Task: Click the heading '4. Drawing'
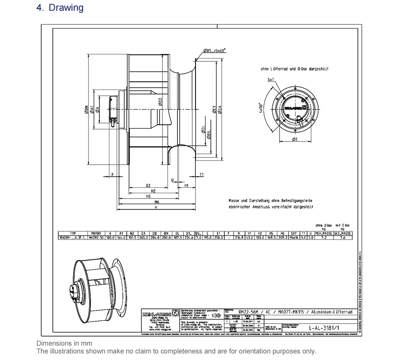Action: [x=60, y=8]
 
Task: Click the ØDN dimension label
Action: [x=86, y=109]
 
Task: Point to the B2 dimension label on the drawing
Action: [x=148, y=185]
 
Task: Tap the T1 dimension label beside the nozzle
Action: [x=202, y=175]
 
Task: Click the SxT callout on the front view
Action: [x=271, y=80]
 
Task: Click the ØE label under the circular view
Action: [x=295, y=140]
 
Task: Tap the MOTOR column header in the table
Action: [x=96, y=233]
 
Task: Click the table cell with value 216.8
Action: [x=239, y=238]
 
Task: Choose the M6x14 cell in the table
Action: [x=294, y=238]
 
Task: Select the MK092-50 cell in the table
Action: [x=96, y=238]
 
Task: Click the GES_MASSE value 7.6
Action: [x=343, y=238]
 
